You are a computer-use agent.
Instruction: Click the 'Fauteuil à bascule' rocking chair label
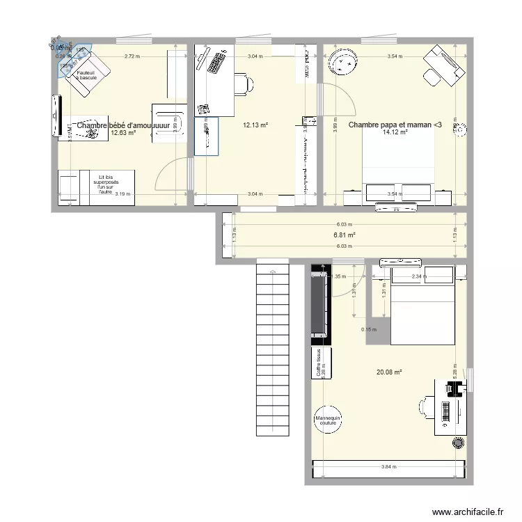(88, 74)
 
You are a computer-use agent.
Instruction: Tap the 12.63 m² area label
(122, 133)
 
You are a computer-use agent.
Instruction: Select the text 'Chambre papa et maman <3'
(394, 125)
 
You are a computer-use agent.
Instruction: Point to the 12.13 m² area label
(255, 125)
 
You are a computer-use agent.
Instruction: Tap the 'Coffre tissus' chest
(321, 363)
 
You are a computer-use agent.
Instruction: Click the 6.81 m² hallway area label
(345, 235)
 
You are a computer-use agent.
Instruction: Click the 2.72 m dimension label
(130, 56)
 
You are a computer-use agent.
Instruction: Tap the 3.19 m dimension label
(122, 194)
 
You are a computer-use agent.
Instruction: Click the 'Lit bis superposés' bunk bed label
(105, 184)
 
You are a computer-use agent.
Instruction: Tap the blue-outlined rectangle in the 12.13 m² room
(207, 136)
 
